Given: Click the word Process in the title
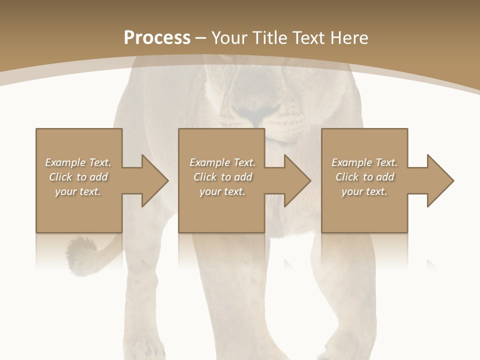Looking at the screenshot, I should pyautogui.click(x=157, y=38).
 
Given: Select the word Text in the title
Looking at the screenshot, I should pyautogui.click(x=308, y=38).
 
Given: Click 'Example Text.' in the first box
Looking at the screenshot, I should pyautogui.click(x=78, y=162).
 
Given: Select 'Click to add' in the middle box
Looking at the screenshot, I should pyautogui.click(x=222, y=177).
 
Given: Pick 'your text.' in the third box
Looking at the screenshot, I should pyautogui.click(x=364, y=191).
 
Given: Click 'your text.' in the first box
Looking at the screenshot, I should pyautogui.click(x=78, y=191).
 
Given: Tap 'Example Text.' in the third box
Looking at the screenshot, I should pyautogui.click(x=364, y=162).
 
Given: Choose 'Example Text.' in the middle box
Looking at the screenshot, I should pyautogui.click(x=222, y=162).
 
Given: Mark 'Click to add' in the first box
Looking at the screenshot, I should pyautogui.click(x=78, y=177).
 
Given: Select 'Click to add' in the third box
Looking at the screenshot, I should pyautogui.click(x=364, y=177).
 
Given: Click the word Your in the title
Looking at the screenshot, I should pyautogui.click(x=228, y=38).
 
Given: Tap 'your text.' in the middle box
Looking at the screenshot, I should pyautogui.click(x=222, y=191).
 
